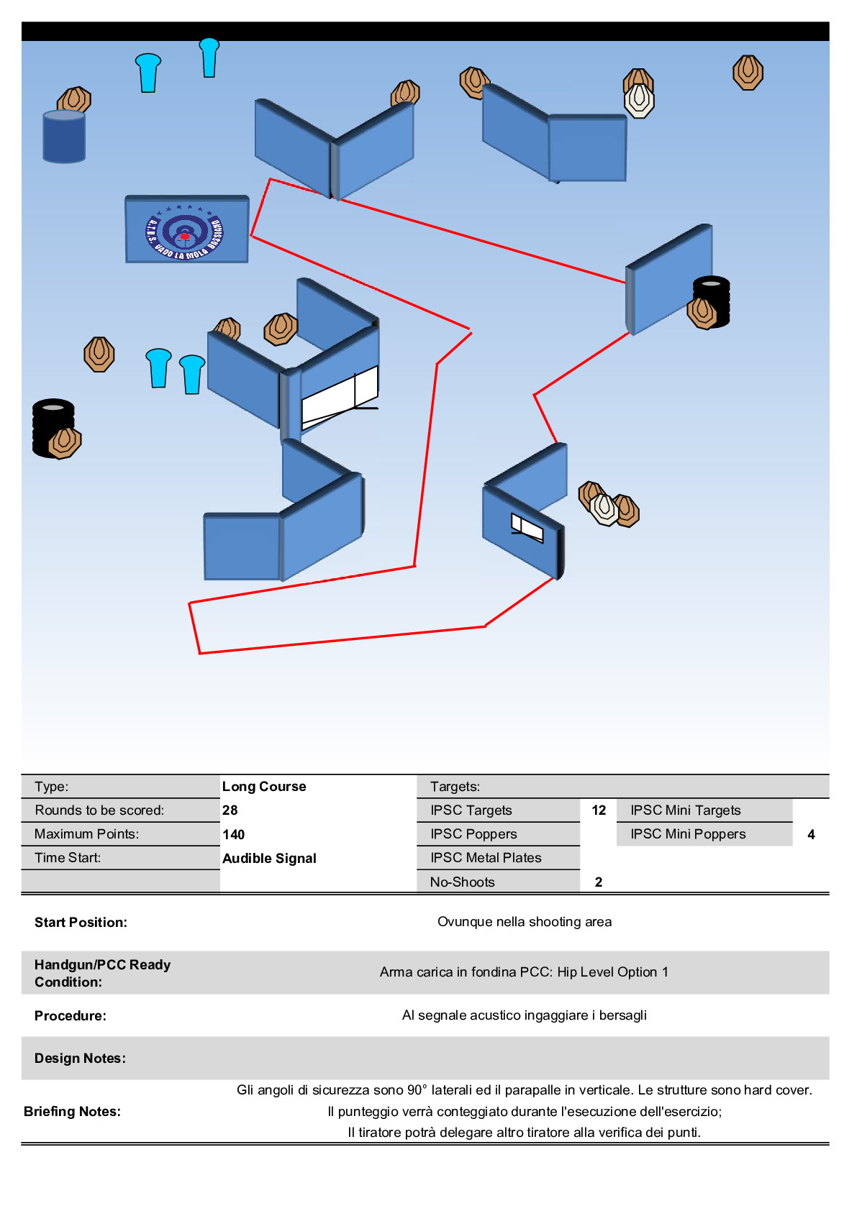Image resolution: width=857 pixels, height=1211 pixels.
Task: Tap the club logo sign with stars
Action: tap(186, 229)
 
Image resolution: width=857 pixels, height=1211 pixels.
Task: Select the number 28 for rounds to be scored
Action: tap(230, 810)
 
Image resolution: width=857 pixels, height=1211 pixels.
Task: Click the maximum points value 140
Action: tap(234, 834)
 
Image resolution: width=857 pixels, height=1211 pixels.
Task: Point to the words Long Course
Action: tap(264, 786)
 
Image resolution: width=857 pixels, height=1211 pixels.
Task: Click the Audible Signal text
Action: tap(269, 858)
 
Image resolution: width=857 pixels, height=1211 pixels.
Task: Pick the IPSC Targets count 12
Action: tap(599, 810)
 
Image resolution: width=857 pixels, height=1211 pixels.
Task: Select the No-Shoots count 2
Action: tap(599, 882)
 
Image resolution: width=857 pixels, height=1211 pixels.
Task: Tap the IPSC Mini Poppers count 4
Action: tap(811, 834)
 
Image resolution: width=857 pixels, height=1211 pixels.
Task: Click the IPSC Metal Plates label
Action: tap(486, 857)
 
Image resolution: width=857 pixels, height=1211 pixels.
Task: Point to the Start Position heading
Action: tap(81, 922)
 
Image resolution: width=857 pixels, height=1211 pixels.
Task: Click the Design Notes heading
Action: tap(80, 1058)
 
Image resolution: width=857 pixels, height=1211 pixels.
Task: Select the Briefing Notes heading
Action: tap(72, 1111)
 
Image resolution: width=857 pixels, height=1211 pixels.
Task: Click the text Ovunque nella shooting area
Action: tap(525, 921)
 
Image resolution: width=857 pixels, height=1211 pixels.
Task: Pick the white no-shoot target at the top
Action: tap(639, 101)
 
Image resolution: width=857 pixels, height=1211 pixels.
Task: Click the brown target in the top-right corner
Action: tap(748, 73)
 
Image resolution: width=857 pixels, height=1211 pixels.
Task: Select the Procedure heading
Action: tap(71, 1015)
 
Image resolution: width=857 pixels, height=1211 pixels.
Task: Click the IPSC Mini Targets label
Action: tap(685, 810)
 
